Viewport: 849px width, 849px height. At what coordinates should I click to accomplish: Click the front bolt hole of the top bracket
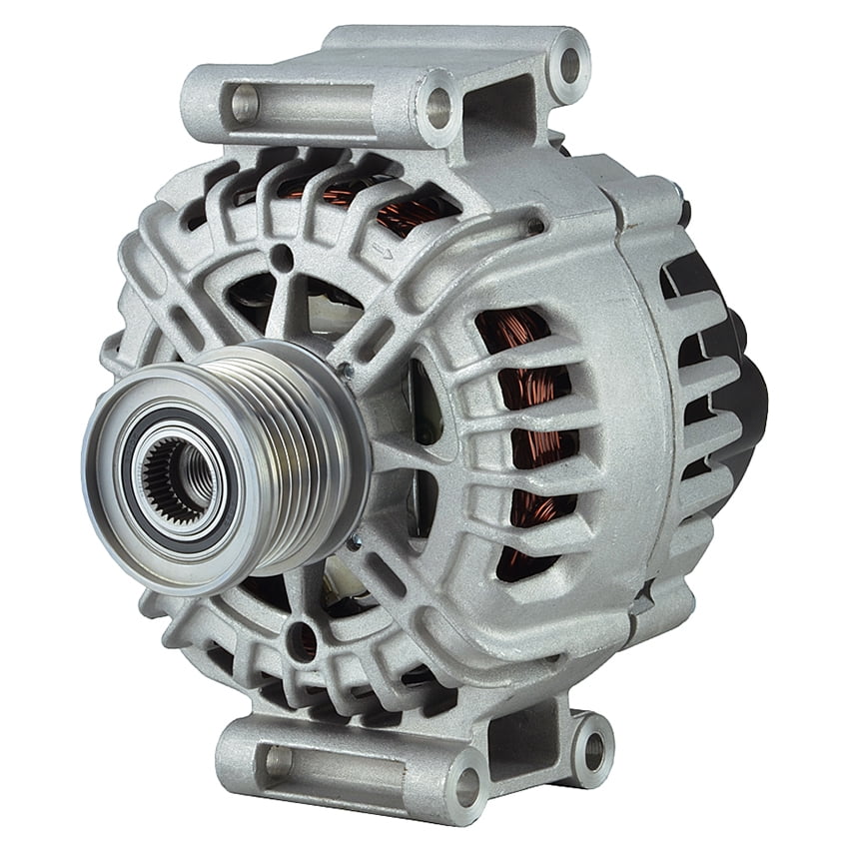coord(437,104)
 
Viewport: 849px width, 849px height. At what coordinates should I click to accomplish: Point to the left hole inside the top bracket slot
coord(244,101)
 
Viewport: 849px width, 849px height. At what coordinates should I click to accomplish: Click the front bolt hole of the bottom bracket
coord(465,786)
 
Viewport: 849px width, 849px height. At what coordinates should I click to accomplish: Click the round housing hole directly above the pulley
coord(283,258)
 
